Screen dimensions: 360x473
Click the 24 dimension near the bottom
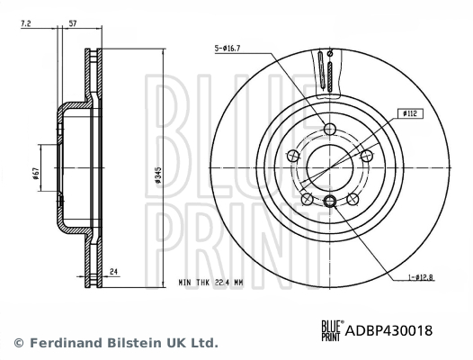pyautogui.click(x=114, y=269)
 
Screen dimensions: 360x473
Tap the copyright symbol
pyautogui.click(x=19, y=343)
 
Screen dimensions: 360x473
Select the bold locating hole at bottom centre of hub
pyautogui.click(x=331, y=201)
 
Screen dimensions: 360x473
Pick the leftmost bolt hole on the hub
pyautogui.click(x=292, y=157)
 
